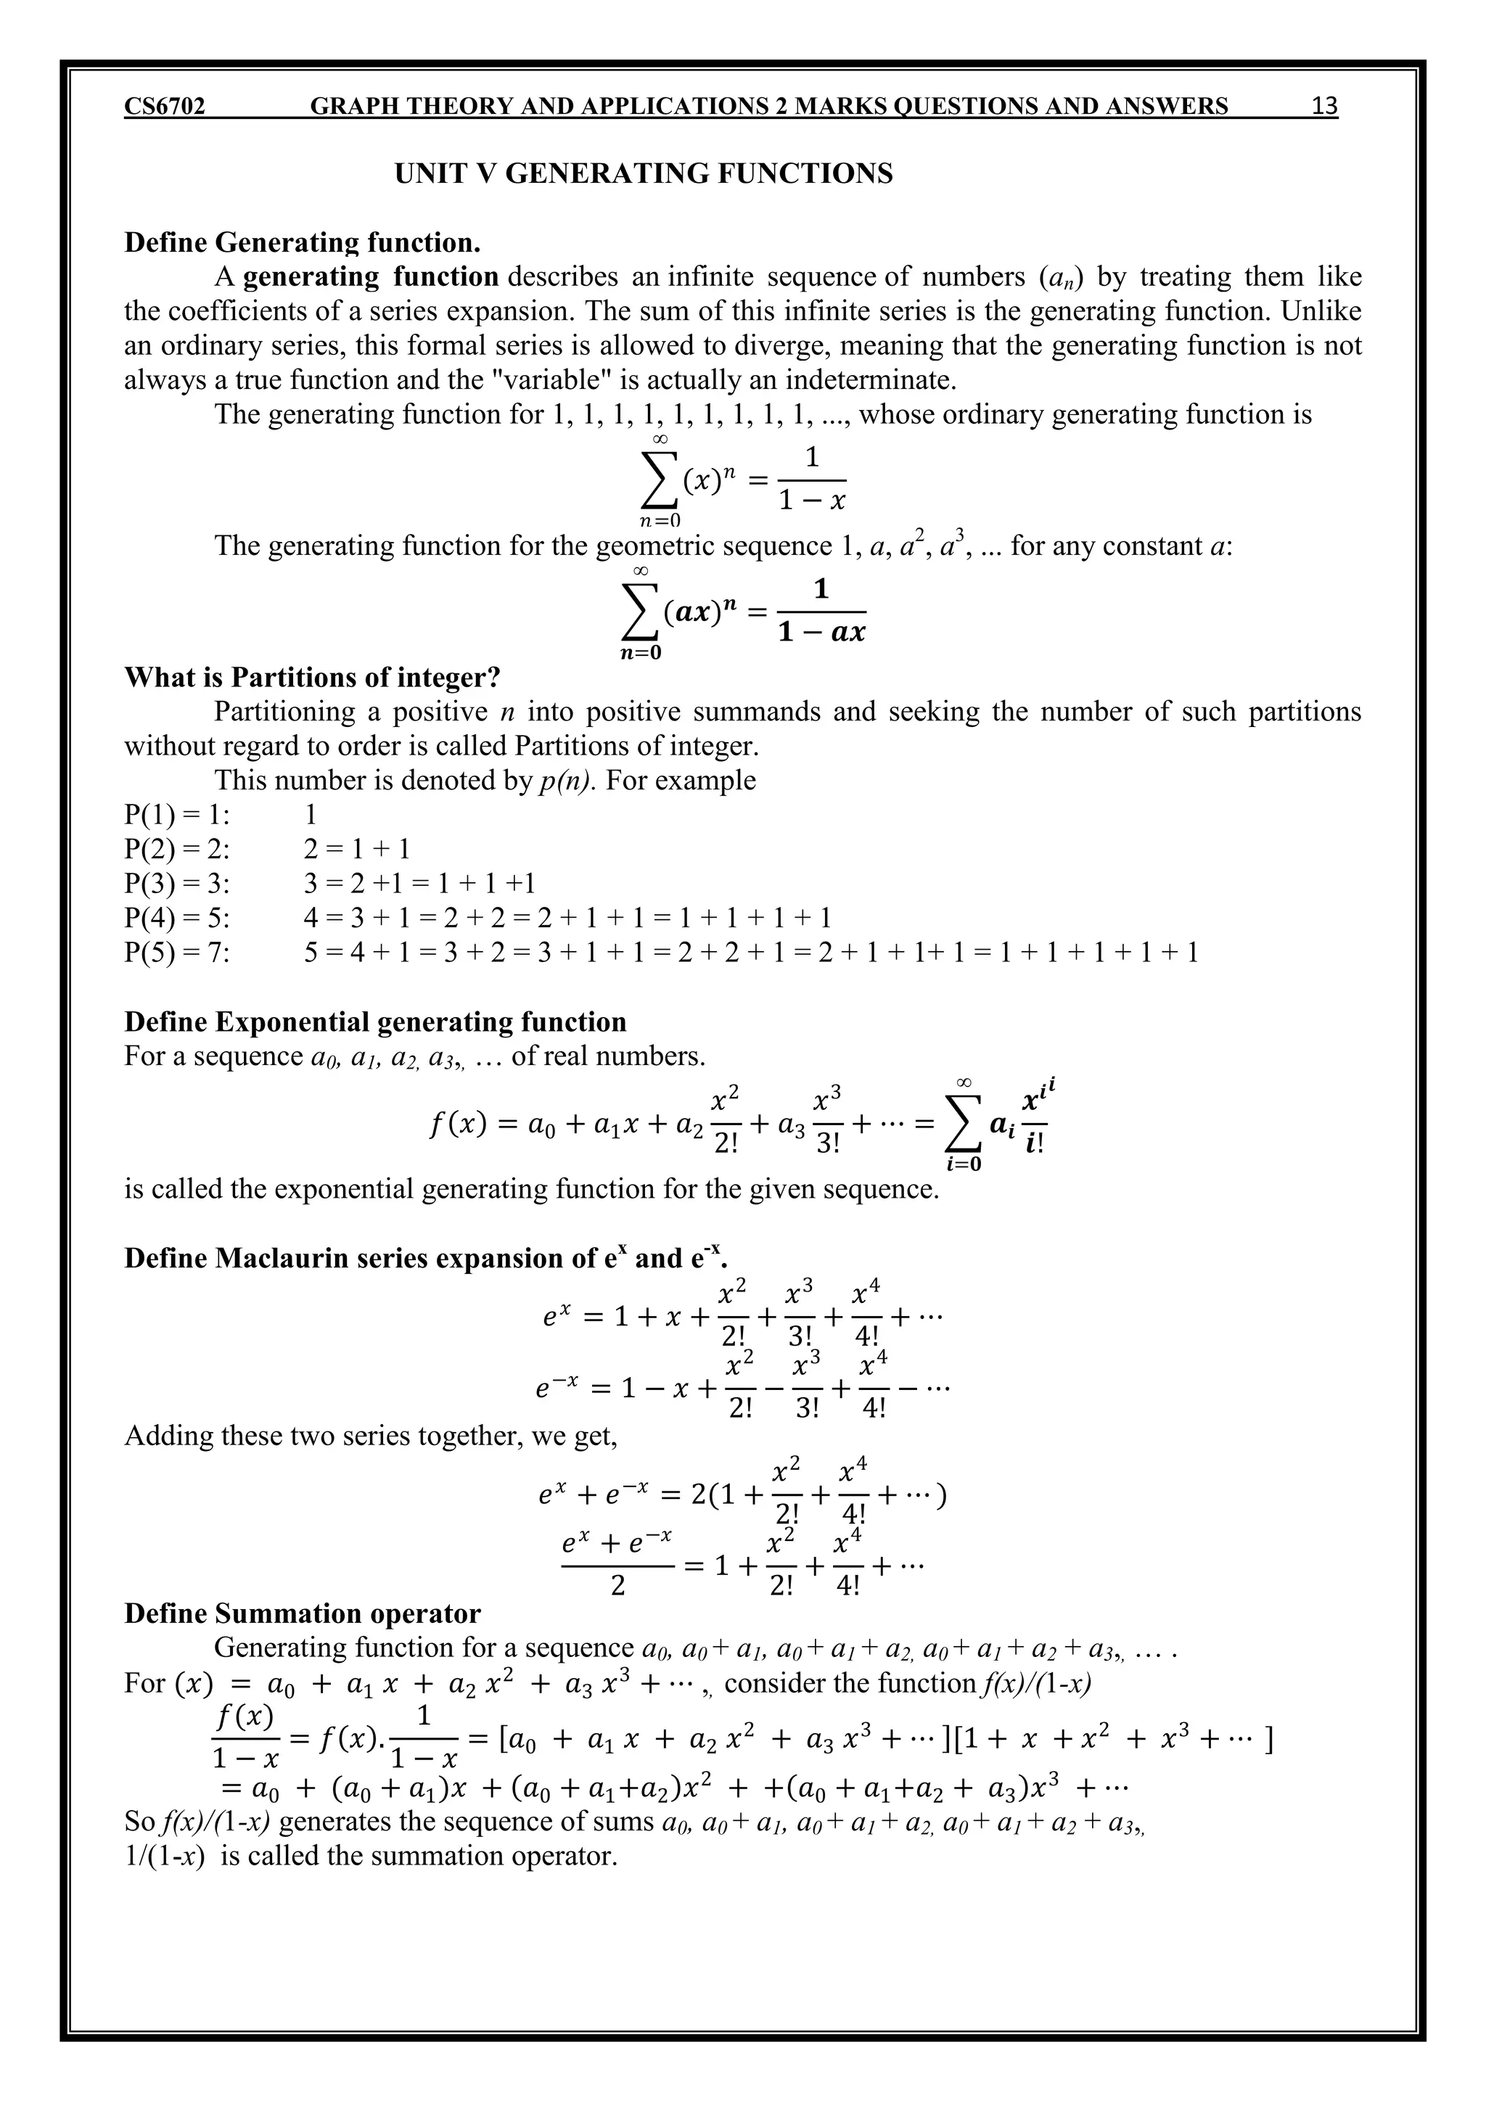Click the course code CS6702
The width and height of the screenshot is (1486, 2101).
pyautogui.click(x=165, y=107)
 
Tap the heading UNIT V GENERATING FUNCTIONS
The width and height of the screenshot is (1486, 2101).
pyautogui.click(x=644, y=174)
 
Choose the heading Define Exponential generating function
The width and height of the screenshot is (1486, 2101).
pyautogui.click(x=375, y=1022)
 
